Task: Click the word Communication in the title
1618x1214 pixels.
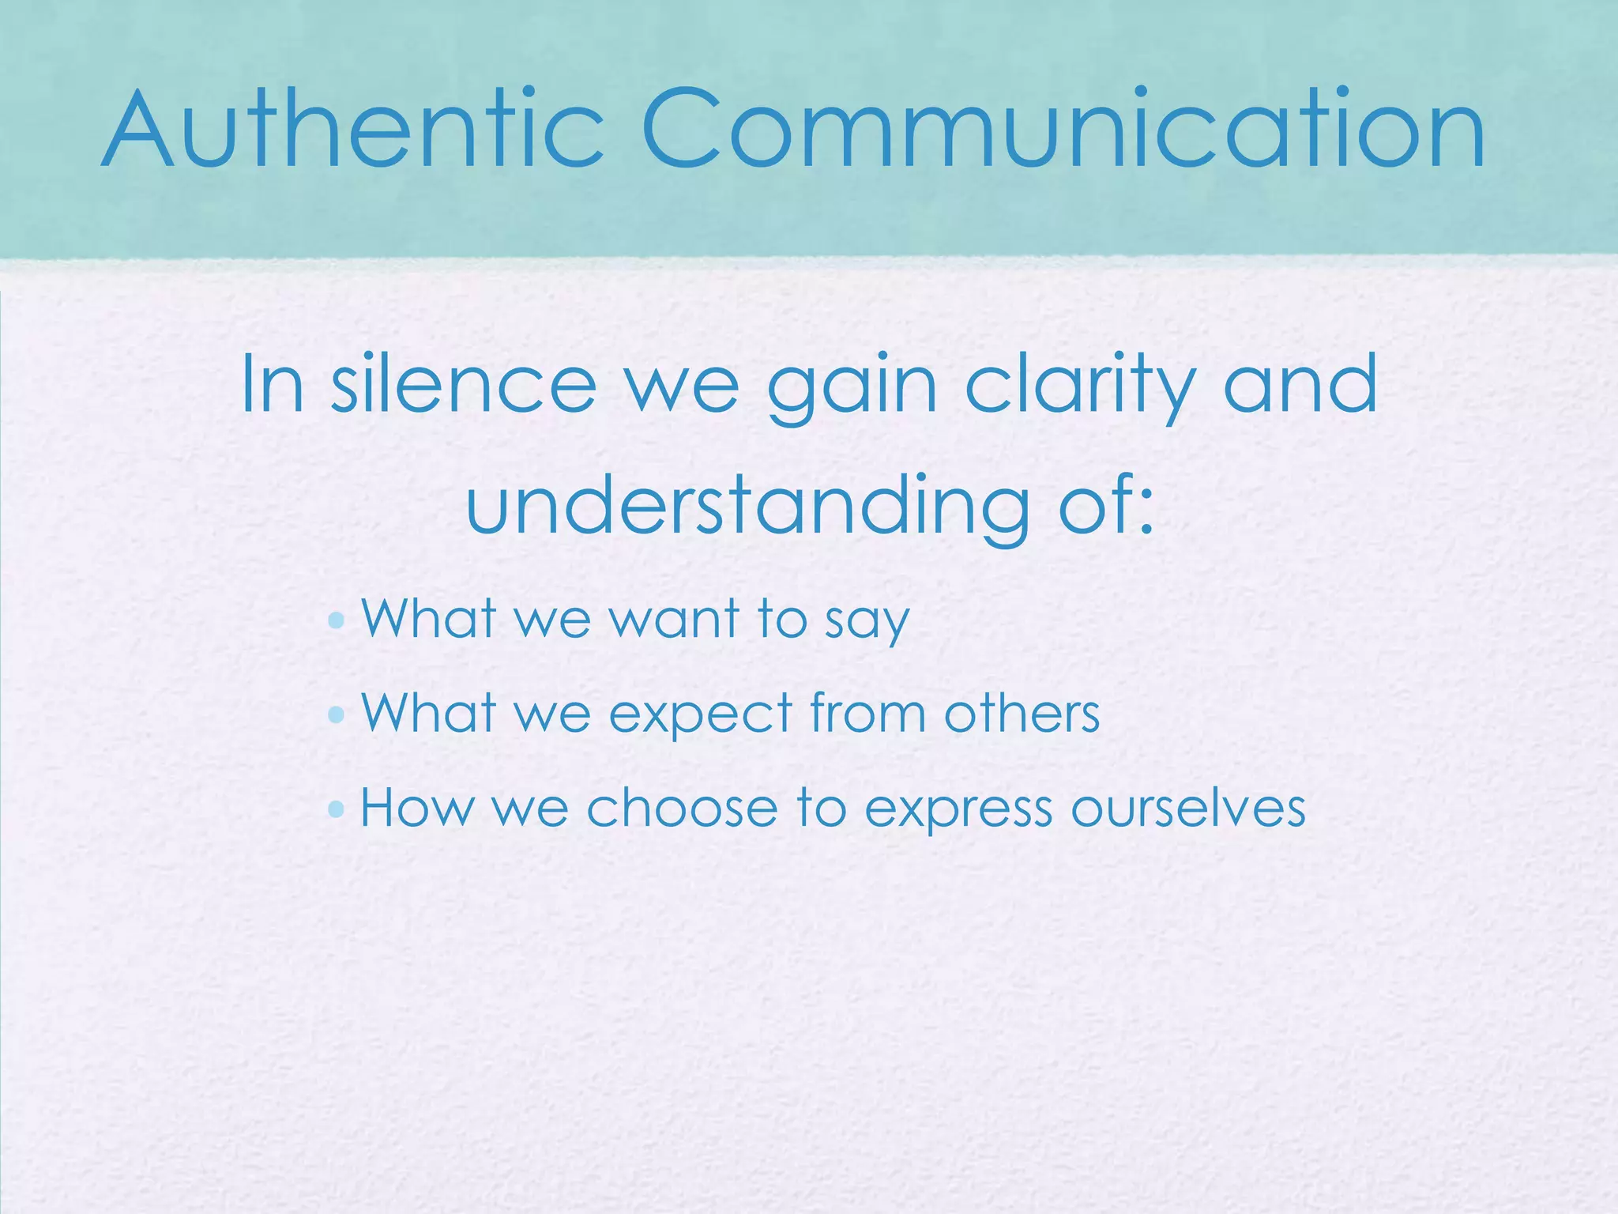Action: tap(1063, 130)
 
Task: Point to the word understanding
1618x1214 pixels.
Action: tap(747, 506)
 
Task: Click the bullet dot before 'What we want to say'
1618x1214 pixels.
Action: tap(337, 620)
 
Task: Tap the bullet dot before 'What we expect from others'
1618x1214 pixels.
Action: tap(337, 714)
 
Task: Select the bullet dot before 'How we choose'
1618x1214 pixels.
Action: tap(337, 809)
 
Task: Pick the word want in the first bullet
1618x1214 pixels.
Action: tap(674, 618)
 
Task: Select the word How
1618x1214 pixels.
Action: tap(416, 808)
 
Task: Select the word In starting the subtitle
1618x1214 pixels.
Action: tap(272, 385)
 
